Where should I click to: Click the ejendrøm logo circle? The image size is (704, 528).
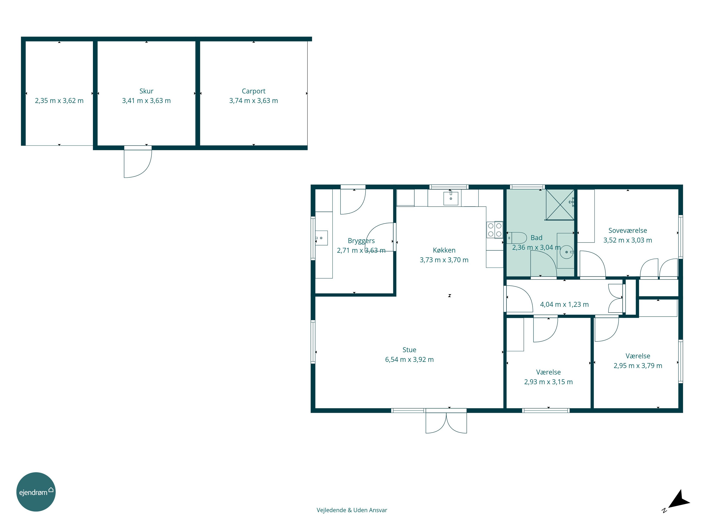pyautogui.click(x=36, y=492)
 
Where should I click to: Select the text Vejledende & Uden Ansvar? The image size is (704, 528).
pyautogui.click(x=352, y=510)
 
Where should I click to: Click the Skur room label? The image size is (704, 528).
pyautogui.click(x=146, y=91)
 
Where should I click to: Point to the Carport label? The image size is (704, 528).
pyautogui.click(x=254, y=91)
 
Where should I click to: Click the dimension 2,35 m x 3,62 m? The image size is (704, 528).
pyautogui.click(x=59, y=101)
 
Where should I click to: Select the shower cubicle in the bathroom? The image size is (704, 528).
pyautogui.click(x=560, y=205)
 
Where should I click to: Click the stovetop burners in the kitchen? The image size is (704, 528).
pyautogui.click(x=495, y=230)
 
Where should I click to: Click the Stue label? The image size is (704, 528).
pyautogui.click(x=409, y=350)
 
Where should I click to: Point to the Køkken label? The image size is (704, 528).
pyautogui.click(x=444, y=250)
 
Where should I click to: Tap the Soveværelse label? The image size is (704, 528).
pyautogui.click(x=628, y=230)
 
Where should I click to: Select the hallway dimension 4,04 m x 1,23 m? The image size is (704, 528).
pyautogui.click(x=564, y=304)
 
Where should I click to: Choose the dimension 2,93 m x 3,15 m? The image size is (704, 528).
pyautogui.click(x=548, y=382)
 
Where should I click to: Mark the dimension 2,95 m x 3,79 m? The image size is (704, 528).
pyautogui.click(x=638, y=366)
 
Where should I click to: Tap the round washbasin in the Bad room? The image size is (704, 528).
pyautogui.click(x=566, y=252)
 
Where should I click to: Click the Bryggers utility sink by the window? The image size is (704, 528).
pyautogui.click(x=321, y=238)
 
